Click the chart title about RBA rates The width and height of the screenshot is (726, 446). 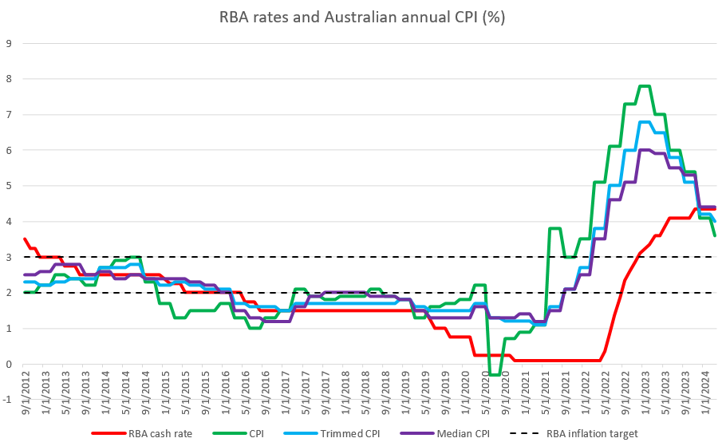pos(362,16)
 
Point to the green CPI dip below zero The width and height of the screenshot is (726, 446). pos(495,374)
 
